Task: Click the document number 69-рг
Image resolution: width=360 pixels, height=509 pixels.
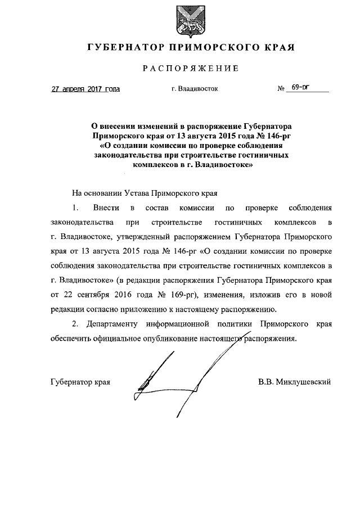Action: [x=298, y=88]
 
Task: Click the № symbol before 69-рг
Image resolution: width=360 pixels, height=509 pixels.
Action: [x=281, y=89]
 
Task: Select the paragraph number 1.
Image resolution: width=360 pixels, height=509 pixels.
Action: [x=75, y=208]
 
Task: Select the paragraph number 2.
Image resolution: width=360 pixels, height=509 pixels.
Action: [x=75, y=325]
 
